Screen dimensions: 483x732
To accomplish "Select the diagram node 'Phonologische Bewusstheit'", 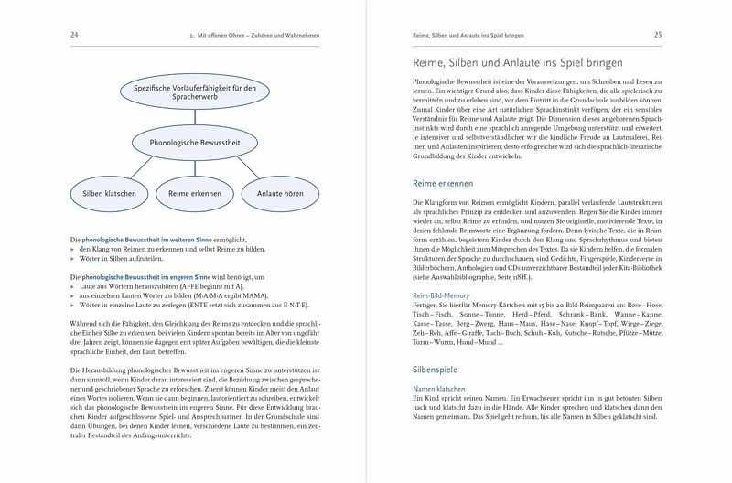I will pos(188,143).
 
